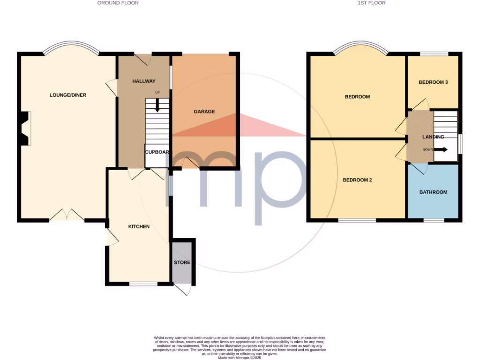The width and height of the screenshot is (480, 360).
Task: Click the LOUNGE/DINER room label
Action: pos(68,95)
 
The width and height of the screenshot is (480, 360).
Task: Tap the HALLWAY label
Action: pos(143,81)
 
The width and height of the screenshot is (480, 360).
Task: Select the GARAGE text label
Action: pos(204,112)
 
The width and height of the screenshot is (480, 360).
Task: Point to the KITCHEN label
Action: pos(139,226)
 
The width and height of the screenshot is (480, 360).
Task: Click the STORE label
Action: pos(182,262)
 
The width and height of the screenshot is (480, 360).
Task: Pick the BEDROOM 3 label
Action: pos(433,82)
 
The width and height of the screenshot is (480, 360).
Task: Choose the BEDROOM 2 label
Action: pos(357,180)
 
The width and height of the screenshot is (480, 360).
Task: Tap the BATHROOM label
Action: pos(433,192)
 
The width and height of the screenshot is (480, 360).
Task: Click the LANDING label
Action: pos(433,137)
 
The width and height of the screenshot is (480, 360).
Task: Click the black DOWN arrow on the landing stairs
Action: pos(441,150)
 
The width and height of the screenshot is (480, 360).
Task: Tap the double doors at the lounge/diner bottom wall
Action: pos(67,216)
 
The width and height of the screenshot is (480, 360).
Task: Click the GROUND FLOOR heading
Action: pos(118,3)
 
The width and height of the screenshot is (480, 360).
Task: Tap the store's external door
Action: pos(183,290)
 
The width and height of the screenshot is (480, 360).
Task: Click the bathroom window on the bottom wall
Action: pos(434,220)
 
